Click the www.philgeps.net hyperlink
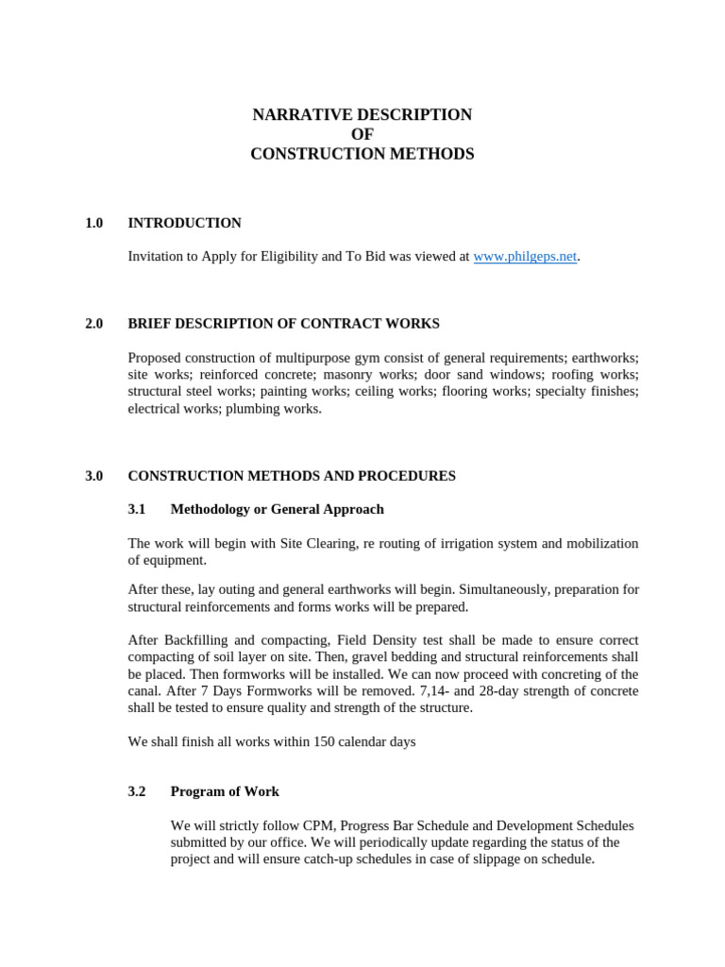pyautogui.click(x=524, y=256)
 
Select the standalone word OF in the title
pyautogui.click(x=362, y=134)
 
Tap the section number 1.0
pyautogui.click(x=93, y=223)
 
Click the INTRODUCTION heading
pyautogui.click(x=184, y=223)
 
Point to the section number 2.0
pyautogui.click(x=93, y=323)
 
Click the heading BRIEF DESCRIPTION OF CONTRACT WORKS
pyautogui.click(x=283, y=323)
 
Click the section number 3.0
pyautogui.click(x=93, y=476)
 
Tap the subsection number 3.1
pyautogui.click(x=137, y=509)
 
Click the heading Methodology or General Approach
pyautogui.click(x=277, y=509)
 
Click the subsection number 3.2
pyautogui.click(x=137, y=791)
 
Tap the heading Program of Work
pyautogui.click(x=225, y=791)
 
